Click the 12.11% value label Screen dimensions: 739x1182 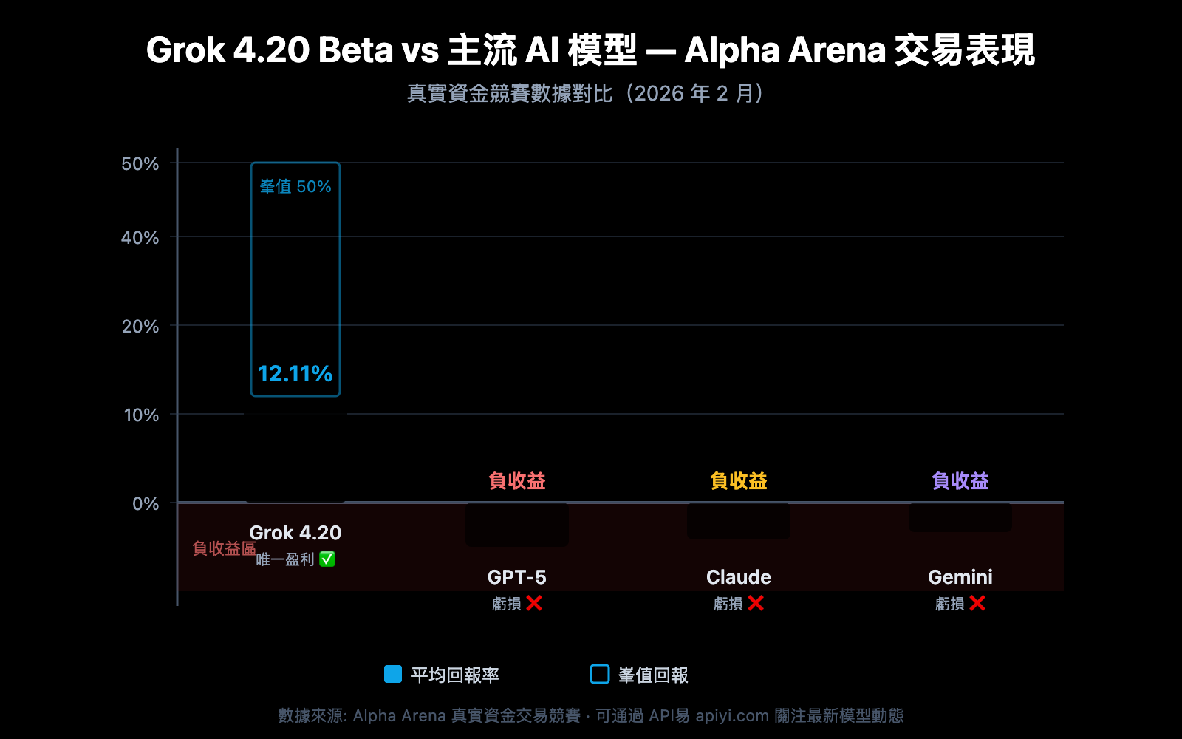click(x=295, y=374)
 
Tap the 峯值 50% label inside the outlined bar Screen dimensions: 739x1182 click(x=295, y=186)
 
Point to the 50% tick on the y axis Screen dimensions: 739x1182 click(x=140, y=163)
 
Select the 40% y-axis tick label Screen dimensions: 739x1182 click(x=140, y=237)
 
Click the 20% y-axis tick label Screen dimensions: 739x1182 click(x=140, y=326)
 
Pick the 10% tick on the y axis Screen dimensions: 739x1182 click(x=141, y=415)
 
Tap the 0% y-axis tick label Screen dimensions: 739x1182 click(x=146, y=503)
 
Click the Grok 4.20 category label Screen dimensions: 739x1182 click(x=295, y=532)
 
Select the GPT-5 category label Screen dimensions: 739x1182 click(x=516, y=576)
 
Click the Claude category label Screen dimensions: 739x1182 click(x=738, y=576)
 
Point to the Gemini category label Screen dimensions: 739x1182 click(x=960, y=576)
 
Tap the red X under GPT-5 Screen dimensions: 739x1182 click(x=534, y=604)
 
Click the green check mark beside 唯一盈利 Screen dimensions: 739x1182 click(x=327, y=559)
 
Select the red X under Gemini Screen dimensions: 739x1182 click(x=977, y=604)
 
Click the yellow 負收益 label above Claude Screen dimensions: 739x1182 click(x=738, y=481)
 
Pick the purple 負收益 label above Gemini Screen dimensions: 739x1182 click(x=960, y=481)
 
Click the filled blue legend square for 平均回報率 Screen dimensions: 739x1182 click(x=393, y=674)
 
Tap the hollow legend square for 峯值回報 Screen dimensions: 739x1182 click(x=600, y=674)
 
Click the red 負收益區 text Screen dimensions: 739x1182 click(x=224, y=548)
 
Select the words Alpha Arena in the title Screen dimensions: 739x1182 click(x=785, y=50)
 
